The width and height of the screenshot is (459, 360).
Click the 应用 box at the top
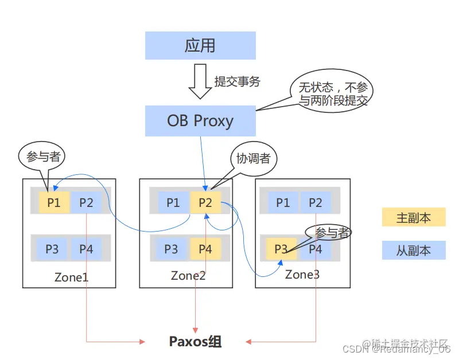[x=200, y=45]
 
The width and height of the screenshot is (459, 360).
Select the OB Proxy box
[x=200, y=121]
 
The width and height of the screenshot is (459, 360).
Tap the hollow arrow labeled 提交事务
[x=200, y=83]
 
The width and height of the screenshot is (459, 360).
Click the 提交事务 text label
[x=237, y=81]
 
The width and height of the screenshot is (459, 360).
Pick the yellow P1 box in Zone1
[x=54, y=202]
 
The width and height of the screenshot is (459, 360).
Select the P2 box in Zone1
[x=86, y=202]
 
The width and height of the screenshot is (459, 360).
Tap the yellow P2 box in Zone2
[x=205, y=202]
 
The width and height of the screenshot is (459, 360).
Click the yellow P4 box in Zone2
[x=205, y=249]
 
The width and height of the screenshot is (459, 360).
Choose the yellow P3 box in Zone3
[x=281, y=249]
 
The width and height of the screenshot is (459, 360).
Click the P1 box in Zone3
[x=283, y=202]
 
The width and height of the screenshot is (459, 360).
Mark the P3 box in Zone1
[x=52, y=249]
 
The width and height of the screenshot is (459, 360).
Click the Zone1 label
[x=71, y=277]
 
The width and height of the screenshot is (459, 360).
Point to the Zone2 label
[x=188, y=276]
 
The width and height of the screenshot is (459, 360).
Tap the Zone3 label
[x=302, y=275]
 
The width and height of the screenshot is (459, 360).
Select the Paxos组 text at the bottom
[x=195, y=342]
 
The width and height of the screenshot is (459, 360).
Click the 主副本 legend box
[x=414, y=218]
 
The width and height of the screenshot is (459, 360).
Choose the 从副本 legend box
[x=414, y=251]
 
